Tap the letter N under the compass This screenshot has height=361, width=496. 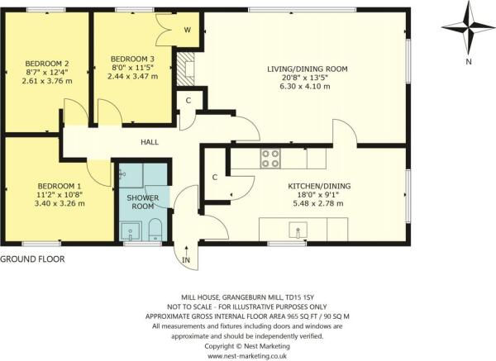[469, 61]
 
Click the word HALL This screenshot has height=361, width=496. [150, 142]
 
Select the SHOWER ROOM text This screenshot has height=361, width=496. [142, 202]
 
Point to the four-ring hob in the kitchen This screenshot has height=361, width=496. [271, 158]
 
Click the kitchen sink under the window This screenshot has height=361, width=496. [293, 227]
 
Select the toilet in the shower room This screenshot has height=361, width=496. [155, 234]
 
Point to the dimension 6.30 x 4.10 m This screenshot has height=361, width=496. [305, 88]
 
